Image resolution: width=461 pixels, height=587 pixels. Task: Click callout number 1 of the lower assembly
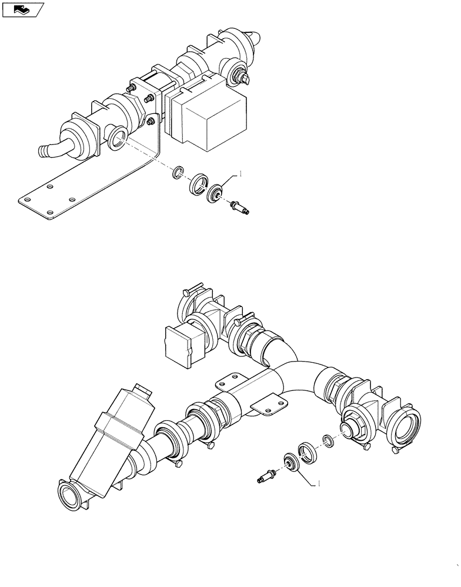point(319,484)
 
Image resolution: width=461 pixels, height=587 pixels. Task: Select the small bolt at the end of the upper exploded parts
point(240,206)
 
